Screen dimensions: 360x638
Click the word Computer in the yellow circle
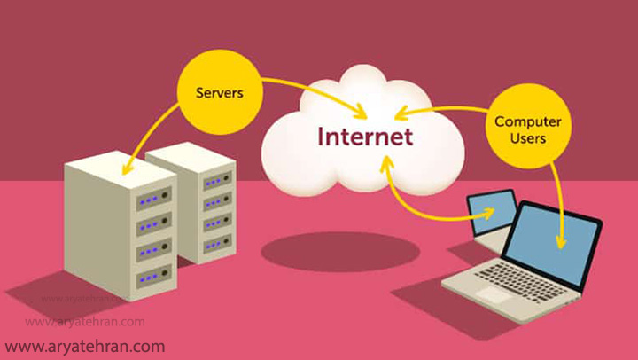(x=520, y=121)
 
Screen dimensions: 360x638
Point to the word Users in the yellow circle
(x=520, y=138)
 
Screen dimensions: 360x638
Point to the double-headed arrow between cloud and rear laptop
(x=416, y=207)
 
